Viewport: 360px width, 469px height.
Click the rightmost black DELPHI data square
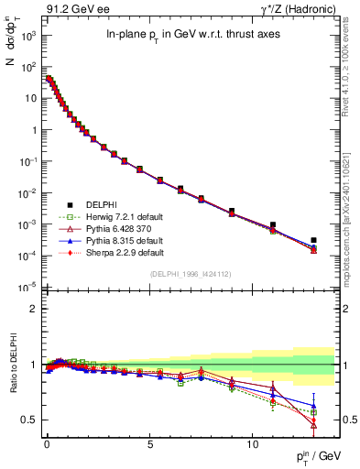[x=313, y=240]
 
